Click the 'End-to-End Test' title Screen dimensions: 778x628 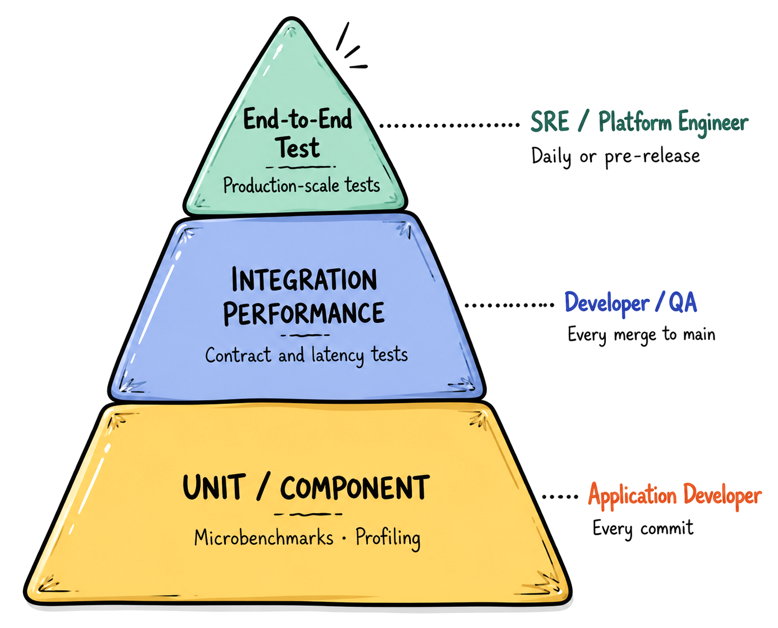click(x=298, y=133)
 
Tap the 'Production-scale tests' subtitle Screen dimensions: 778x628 click(x=302, y=185)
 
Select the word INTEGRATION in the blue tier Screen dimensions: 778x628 click(x=304, y=279)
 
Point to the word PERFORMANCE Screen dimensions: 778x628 click(x=304, y=313)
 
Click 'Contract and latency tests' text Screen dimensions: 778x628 click(x=307, y=355)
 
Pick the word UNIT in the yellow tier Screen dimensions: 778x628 click(x=211, y=487)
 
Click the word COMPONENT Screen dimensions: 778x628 click(x=354, y=488)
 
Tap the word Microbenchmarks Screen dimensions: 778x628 click(x=264, y=538)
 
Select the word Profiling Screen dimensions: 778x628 click(x=388, y=538)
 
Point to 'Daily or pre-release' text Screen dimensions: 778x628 click(x=615, y=157)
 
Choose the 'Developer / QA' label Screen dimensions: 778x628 click(x=631, y=303)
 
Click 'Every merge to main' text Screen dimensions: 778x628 click(x=641, y=334)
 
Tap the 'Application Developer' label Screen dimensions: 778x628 click(x=675, y=495)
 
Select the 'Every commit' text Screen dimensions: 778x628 click(x=643, y=528)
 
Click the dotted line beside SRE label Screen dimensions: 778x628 click(x=450, y=125)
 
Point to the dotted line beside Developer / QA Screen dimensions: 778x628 click(x=509, y=305)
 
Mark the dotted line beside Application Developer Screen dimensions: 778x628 click(x=560, y=496)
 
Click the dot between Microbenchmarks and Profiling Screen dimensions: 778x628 click(x=344, y=538)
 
